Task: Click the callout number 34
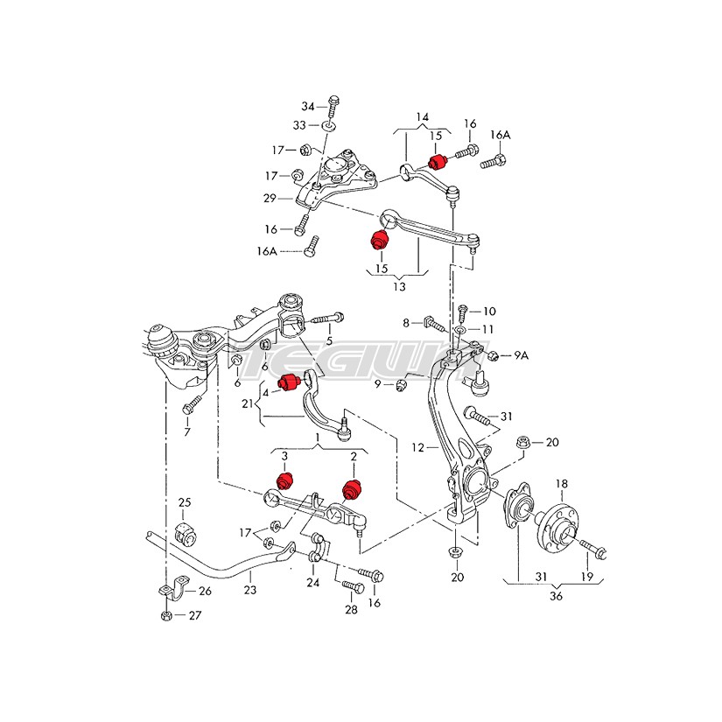point(307,107)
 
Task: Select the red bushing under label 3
point(285,480)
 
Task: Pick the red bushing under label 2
point(354,489)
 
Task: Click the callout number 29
point(270,198)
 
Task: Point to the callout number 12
point(417,447)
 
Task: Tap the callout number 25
point(185,502)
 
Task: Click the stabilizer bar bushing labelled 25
point(186,533)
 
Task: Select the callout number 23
point(250,589)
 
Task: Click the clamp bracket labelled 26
point(173,589)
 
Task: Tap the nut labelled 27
point(166,615)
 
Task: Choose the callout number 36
point(556,596)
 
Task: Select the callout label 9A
point(522,355)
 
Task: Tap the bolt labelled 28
point(354,587)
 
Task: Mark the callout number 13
point(399,286)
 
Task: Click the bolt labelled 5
point(328,319)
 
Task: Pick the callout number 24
point(313,583)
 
